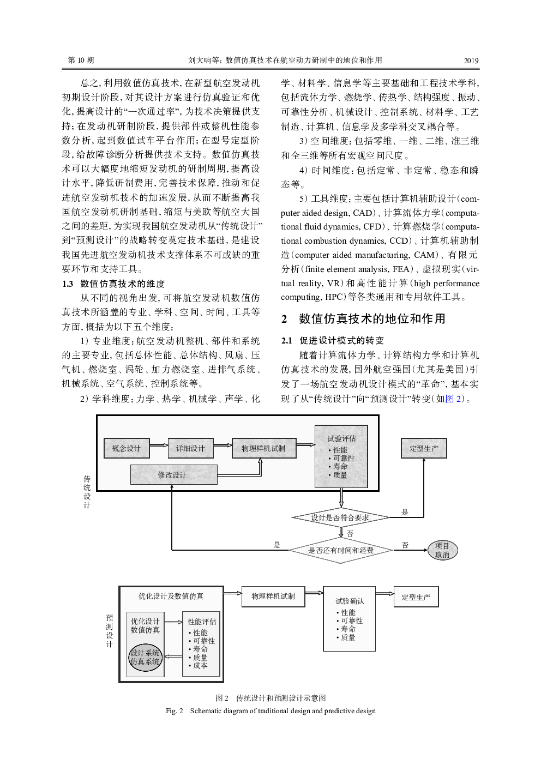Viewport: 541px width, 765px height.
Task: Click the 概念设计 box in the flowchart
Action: pos(127,448)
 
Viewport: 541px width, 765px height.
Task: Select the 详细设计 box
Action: pos(190,448)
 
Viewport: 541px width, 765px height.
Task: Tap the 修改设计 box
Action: pos(174,474)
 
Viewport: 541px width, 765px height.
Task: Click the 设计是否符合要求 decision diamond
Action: pos(340,517)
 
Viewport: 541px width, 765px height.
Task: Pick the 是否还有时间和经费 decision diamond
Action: pos(341,550)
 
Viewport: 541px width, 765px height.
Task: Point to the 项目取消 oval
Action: pos(442,550)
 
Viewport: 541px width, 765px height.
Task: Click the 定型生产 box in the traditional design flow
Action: pos(424,448)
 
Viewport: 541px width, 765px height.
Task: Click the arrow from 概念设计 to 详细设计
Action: pos(159,445)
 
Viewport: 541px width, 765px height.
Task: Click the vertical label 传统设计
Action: pos(87,492)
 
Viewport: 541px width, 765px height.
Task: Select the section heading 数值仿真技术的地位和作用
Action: pos(372,318)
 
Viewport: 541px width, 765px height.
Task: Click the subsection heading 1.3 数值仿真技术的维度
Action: pos(113,284)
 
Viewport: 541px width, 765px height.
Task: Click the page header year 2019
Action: pos(471,61)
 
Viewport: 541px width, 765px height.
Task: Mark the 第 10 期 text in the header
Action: pos(81,61)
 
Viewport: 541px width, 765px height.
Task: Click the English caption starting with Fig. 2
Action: pos(270,711)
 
